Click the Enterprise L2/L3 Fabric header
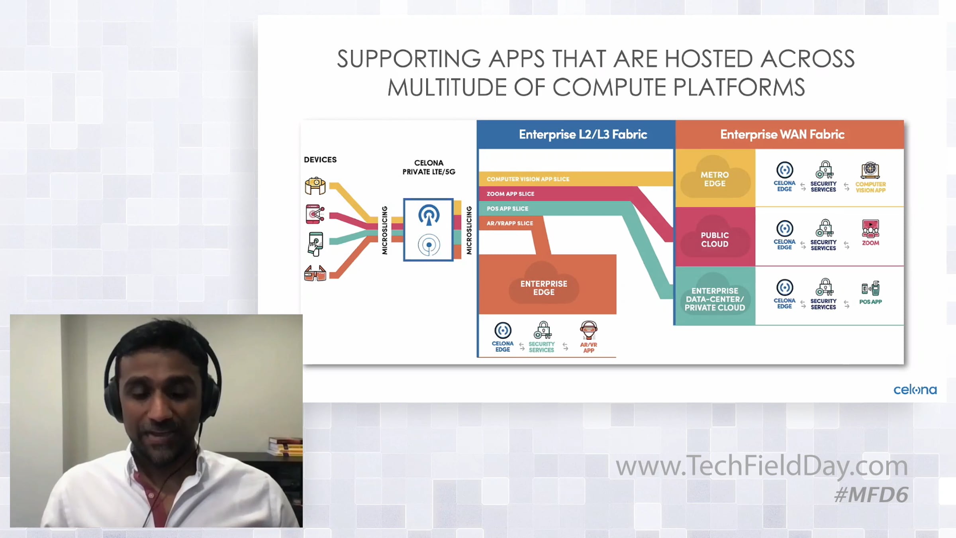point(583,135)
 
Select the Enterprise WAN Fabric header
point(782,135)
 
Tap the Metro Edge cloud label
point(715,179)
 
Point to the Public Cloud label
point(715,240)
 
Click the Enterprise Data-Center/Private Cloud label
point(715,299)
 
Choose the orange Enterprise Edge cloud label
point(544,288)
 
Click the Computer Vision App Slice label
point(528,179)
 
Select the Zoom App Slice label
point(510,194)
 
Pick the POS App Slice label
point(507,209)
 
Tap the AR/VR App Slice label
point(509,224)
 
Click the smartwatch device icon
point(315,186)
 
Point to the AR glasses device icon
point(315,274)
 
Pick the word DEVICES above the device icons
point(320,160)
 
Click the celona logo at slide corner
point(915,390)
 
